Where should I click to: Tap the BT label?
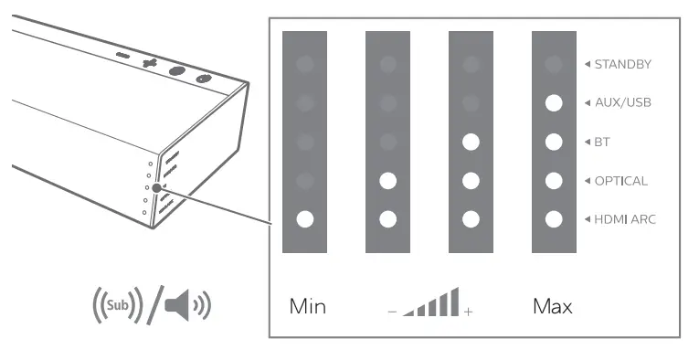605,142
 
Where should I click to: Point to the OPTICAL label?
621,181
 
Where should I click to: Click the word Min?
307,306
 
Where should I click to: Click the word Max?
552,306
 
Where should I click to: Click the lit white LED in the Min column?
305,219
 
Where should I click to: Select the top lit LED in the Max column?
553,103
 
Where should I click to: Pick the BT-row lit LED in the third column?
471,142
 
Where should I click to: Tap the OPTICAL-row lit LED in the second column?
388,181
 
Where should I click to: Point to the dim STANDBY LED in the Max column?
553,64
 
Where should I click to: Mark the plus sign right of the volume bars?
469,312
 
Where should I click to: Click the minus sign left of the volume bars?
390,312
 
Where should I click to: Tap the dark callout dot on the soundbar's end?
156,188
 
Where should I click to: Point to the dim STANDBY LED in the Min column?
305,64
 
